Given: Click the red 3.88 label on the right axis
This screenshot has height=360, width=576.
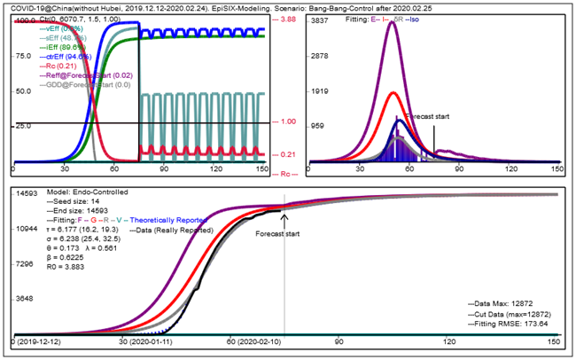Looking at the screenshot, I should (288, 20).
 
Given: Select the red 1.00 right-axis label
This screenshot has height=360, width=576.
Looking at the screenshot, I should (288, 122).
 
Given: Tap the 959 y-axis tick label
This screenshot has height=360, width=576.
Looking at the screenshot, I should (317, 126).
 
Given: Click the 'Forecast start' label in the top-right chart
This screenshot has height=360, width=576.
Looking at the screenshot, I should (427, 116).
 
